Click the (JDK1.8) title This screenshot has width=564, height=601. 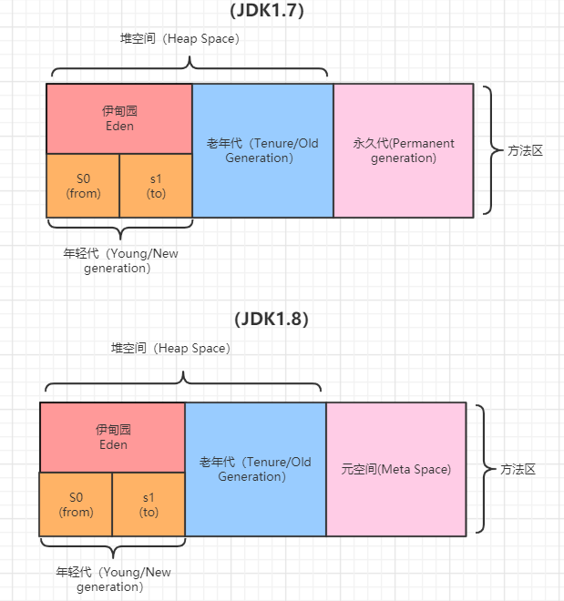[272, 320]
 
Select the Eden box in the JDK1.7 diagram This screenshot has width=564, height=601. [119, 118]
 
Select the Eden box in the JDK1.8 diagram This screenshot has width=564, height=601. [112, 437]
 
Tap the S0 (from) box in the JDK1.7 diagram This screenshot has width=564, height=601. [83, 186]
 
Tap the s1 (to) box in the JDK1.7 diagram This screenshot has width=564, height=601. [156, 186]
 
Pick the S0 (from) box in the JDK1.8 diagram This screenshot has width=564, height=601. [76, 504]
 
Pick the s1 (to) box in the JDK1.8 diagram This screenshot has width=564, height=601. [149, 504]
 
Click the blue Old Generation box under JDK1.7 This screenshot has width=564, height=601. [262, 150]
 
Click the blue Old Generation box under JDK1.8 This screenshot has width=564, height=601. [255, 469]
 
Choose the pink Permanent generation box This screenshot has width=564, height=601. [404, 150]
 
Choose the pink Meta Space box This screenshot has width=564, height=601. [396, 469]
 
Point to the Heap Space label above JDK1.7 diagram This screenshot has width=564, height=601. [179, 39]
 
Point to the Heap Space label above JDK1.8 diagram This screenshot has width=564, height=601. [170, 349]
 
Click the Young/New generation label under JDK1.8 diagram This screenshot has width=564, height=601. [113, 579]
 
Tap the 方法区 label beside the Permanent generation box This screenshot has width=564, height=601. [525, 150]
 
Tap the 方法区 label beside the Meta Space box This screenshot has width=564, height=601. [518, 469]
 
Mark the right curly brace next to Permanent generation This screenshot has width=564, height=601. [489, 150]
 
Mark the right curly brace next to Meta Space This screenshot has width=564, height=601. [482, 469]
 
